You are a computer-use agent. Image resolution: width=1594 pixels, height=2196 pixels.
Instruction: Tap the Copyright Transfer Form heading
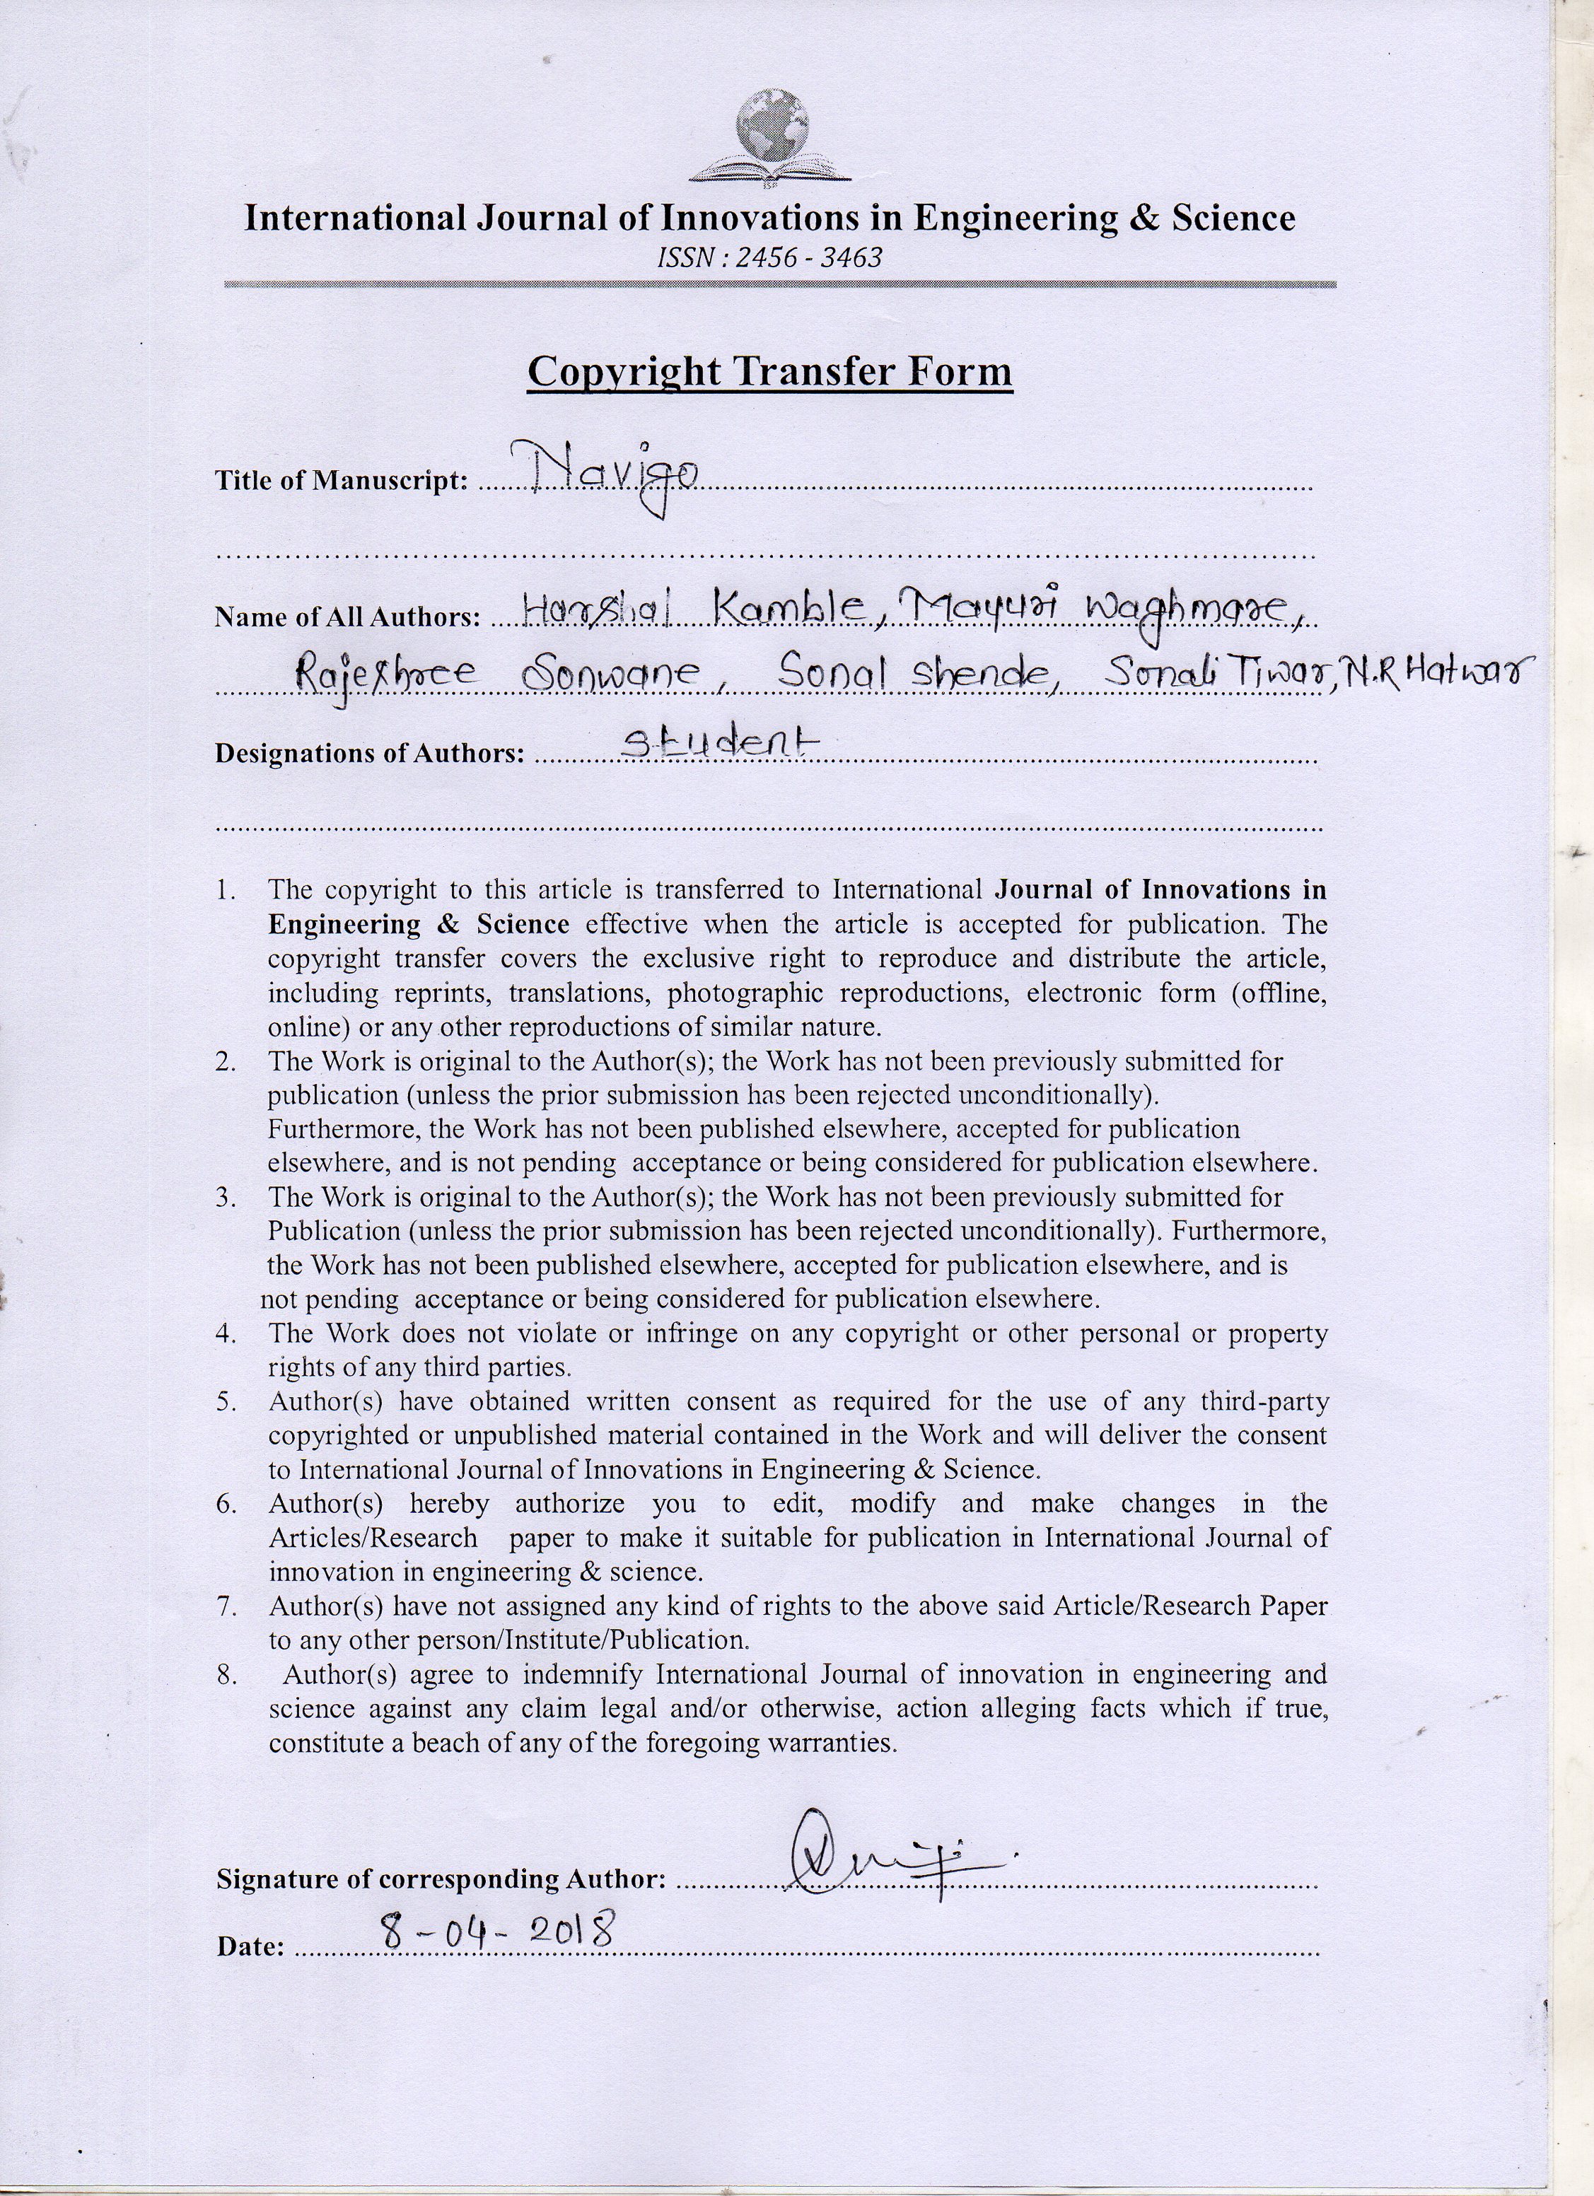(770, 372)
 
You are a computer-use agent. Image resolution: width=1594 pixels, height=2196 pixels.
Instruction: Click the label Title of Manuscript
(342, 481)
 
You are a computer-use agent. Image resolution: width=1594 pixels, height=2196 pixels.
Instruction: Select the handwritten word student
(719, 744)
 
